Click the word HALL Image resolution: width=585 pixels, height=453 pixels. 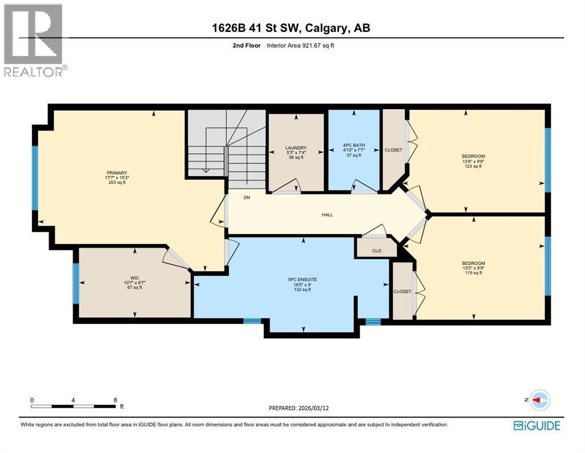click(327, 215)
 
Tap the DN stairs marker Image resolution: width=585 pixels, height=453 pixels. click(247, 198)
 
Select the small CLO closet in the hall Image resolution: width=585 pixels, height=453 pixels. click(377, 250)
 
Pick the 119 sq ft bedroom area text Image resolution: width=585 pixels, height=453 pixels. click(473, 273)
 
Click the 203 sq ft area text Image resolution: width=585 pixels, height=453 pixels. click(117, 183)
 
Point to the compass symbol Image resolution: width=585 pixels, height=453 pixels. click(539, 400)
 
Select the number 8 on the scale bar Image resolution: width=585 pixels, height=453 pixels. click(115, 399)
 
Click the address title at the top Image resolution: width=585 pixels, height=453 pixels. click(292, 28)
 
